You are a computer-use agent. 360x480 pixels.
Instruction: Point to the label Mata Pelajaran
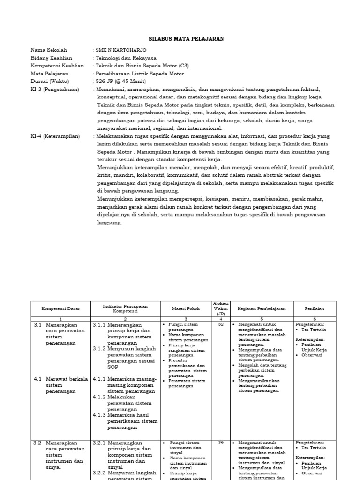(50, 74)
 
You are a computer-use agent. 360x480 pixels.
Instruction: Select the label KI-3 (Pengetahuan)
(55, 89)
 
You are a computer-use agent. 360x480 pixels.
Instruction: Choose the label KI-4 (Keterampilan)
(55, 136)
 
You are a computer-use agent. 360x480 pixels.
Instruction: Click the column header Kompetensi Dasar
(61, 309)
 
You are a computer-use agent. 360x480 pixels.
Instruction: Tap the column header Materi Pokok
(187, 309)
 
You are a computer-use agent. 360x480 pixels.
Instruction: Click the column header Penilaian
(315, 309)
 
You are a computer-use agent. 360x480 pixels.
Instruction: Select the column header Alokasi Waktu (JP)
(220, 309)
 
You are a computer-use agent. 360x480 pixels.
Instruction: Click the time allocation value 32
(220, 324)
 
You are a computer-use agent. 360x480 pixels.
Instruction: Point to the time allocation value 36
(220, 442)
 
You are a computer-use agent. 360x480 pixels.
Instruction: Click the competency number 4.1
(38, 379)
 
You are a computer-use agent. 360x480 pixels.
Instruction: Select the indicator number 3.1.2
(99, 349)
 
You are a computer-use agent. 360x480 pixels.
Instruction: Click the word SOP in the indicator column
(113, 367)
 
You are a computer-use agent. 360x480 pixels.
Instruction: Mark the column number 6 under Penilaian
(315, 319)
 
